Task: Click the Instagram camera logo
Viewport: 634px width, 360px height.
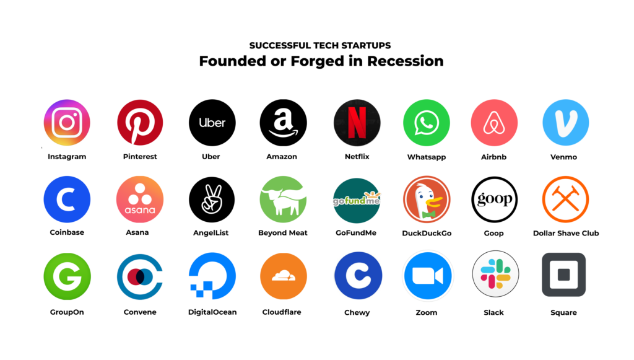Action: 67,123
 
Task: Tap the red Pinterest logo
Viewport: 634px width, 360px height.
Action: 140,123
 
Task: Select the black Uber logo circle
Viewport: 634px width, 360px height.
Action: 212,123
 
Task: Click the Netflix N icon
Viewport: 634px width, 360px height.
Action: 357,123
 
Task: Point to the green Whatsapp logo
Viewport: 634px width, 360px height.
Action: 426,123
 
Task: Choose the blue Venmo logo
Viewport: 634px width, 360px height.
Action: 565,123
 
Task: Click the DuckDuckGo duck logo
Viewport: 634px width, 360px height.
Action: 426,200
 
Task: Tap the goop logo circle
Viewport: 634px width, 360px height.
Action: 494,200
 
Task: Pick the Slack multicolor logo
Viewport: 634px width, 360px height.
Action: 495,274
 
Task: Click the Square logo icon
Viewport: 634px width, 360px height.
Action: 563,274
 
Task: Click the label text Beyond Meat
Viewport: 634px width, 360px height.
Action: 283,233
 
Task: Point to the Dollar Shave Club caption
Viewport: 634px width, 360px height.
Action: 565,234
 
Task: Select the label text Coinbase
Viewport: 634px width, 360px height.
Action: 67,233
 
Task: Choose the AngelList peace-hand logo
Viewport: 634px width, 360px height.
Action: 212,200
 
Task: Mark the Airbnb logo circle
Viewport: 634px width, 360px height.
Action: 494,123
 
